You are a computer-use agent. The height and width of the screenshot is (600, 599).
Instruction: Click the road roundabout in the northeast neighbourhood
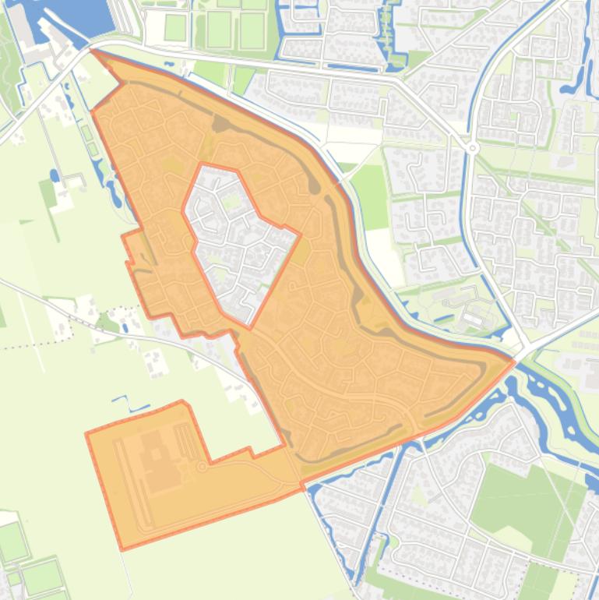click(474, 147)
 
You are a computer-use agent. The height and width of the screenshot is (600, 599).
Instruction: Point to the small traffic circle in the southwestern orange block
click(203, 466)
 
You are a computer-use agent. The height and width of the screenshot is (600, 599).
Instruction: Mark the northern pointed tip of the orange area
click(93, 51)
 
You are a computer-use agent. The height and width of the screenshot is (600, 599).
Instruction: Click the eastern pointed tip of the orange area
click(513, 360)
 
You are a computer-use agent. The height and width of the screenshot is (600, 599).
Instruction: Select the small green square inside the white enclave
click(231, 202)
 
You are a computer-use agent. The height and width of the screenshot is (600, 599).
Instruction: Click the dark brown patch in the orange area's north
click(221, 124)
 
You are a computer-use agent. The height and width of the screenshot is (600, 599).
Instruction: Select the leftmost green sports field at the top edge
click(175, 28)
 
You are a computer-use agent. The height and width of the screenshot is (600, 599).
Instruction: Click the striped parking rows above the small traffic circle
click(185, 441)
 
